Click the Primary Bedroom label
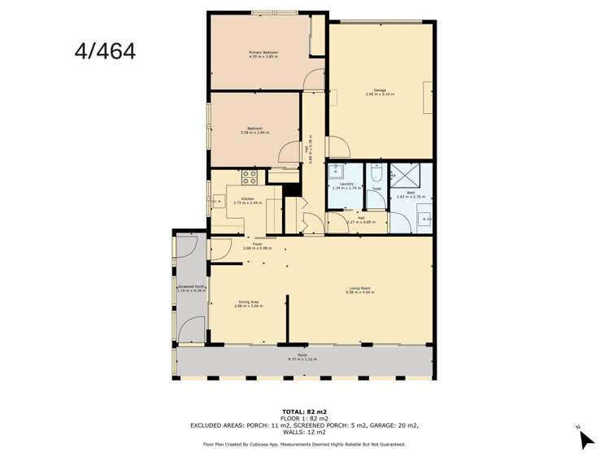(263, 52)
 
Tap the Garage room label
(380, 90)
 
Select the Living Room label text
(360, 289)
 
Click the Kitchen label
(245, 198)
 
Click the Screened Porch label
(190, 288)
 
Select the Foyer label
(258, 244)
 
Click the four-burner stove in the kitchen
(250, 176)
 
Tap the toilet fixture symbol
(376, 172)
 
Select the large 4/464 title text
(105, 51)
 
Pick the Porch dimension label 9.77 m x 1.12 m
(302, 358)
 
